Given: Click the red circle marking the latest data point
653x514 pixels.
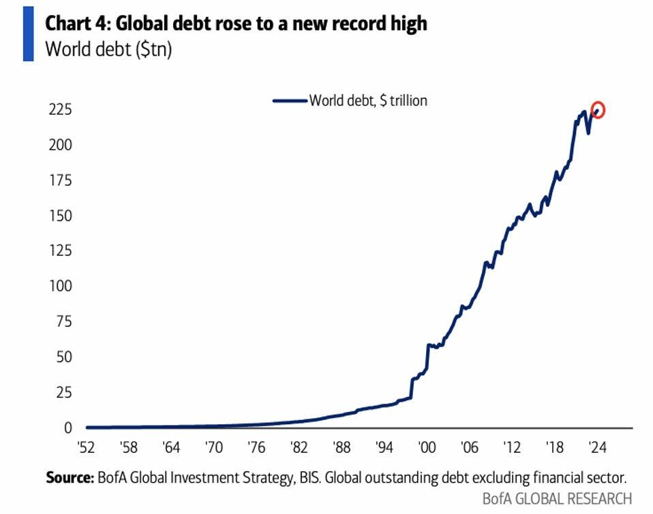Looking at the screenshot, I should [x=598, y=110].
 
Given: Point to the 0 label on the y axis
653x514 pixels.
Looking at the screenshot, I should [x=67, y=428].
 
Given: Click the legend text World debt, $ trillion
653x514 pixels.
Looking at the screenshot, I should [x=368, y=101].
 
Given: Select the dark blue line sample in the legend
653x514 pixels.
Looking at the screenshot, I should [x=290, y=101].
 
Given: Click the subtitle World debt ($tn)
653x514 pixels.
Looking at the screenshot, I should [x=108, y=49].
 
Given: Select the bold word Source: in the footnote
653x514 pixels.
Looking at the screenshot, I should [x=70, y=477].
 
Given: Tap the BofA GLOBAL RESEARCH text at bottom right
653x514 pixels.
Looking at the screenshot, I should [x=557, y=498].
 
